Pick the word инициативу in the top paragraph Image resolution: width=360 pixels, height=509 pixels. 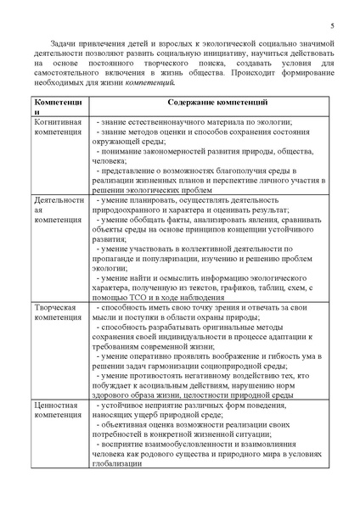pyautogui.click(x=256, y=53)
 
